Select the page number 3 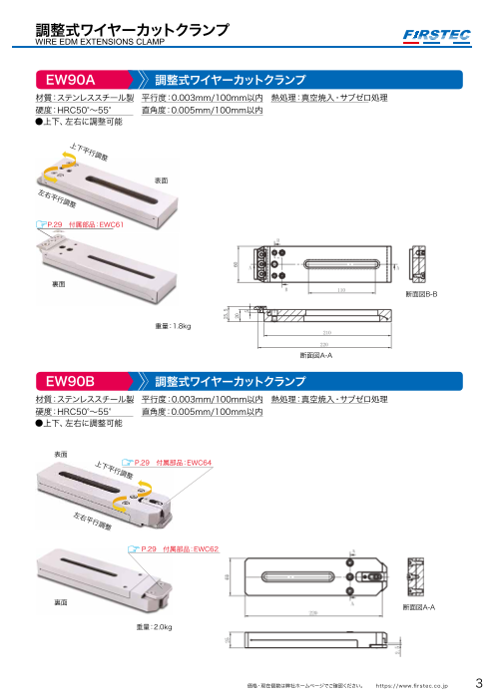(x=478, y=684)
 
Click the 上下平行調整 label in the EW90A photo (x=89, y=153)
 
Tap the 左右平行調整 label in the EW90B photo (x=93, y=521)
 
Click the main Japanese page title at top (x=129, y=30)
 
